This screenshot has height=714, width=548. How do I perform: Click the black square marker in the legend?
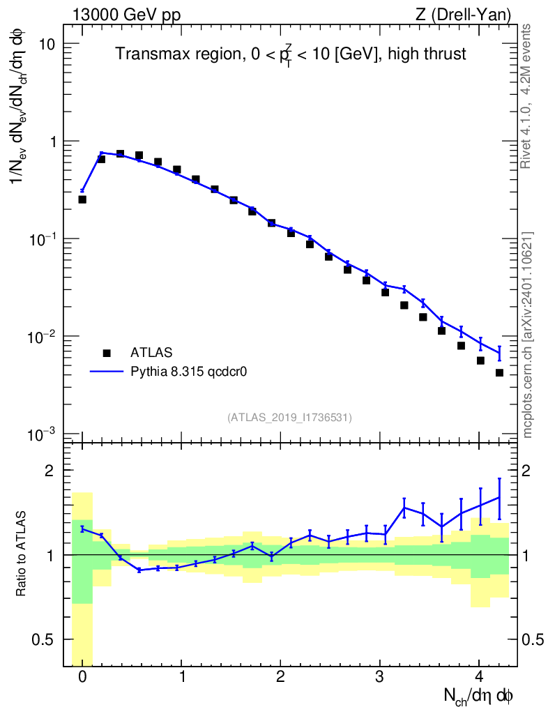point(107,354)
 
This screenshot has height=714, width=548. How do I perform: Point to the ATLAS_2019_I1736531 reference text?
point(289,417)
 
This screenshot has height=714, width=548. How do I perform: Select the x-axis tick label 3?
point(379,677)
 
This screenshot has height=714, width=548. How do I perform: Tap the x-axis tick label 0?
point(82,677)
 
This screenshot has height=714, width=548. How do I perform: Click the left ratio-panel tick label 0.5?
point(43,639)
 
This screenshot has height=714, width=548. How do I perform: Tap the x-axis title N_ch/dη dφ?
point(478,695)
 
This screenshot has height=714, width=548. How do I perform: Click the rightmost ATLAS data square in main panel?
point(499,373)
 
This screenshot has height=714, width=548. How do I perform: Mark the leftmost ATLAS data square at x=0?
point(82,199)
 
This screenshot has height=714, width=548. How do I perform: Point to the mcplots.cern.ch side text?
point(528,335)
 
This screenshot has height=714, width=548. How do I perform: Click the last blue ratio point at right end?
point(499,497)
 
